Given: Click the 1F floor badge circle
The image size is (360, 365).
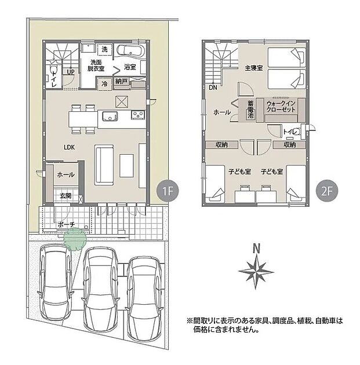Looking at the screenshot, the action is (168, 191).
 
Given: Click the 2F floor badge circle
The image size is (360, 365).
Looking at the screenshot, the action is (327, 191).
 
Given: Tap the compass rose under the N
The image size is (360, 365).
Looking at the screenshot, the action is (256, 272).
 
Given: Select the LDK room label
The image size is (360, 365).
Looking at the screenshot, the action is (70, 147).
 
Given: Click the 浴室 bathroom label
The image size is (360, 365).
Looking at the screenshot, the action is (130, 67).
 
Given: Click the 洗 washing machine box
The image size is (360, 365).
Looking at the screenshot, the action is (104, 49).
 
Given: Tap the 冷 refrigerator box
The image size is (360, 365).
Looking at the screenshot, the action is (104, 83).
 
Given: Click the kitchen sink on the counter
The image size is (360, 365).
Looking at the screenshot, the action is (110, 116).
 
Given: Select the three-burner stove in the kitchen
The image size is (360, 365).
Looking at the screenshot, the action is (138, 115).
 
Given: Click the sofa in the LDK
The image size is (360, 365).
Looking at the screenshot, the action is (104, 165).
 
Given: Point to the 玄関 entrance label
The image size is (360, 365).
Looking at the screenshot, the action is (66, 196).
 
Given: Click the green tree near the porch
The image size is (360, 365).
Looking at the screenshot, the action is (75, 239).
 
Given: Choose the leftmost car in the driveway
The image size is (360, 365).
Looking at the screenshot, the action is (56, 282).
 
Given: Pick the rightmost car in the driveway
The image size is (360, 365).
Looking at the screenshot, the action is (144, 300).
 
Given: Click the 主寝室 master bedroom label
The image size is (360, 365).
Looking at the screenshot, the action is (253, 68).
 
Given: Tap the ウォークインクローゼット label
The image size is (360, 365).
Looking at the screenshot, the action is (281, 107).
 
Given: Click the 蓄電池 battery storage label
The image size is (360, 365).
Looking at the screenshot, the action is (250, 109).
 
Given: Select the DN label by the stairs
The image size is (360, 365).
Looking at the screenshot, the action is (213, 87).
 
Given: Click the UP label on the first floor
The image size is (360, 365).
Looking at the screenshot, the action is (71, 72).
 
